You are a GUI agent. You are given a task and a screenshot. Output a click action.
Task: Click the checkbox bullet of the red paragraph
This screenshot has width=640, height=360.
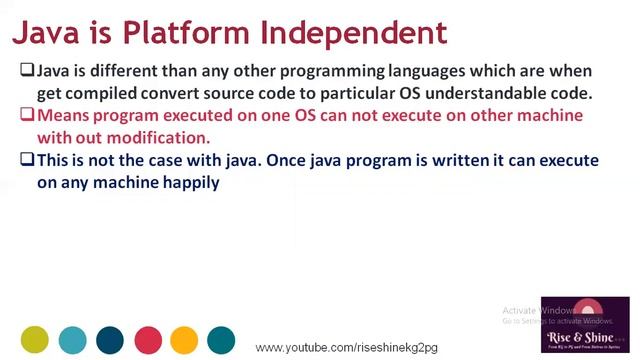coord(28,116)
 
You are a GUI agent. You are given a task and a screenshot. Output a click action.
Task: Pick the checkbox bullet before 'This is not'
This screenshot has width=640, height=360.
coord(28,160)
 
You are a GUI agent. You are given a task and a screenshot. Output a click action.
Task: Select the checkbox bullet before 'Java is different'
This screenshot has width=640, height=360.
coord(28,72)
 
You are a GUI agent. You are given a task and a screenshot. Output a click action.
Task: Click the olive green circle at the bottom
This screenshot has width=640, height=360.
coord(35,340)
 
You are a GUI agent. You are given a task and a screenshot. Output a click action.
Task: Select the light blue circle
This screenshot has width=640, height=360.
coord(72,340)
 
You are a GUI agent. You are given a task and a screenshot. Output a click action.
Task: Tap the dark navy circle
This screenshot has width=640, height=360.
coord(110,340)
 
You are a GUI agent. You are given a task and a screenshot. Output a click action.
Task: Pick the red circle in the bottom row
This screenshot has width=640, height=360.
coord(147,340)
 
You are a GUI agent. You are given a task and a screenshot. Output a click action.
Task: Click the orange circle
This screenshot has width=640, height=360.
coord(184,340)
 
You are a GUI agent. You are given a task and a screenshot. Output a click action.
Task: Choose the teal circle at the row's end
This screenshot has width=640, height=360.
coord(221,340)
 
